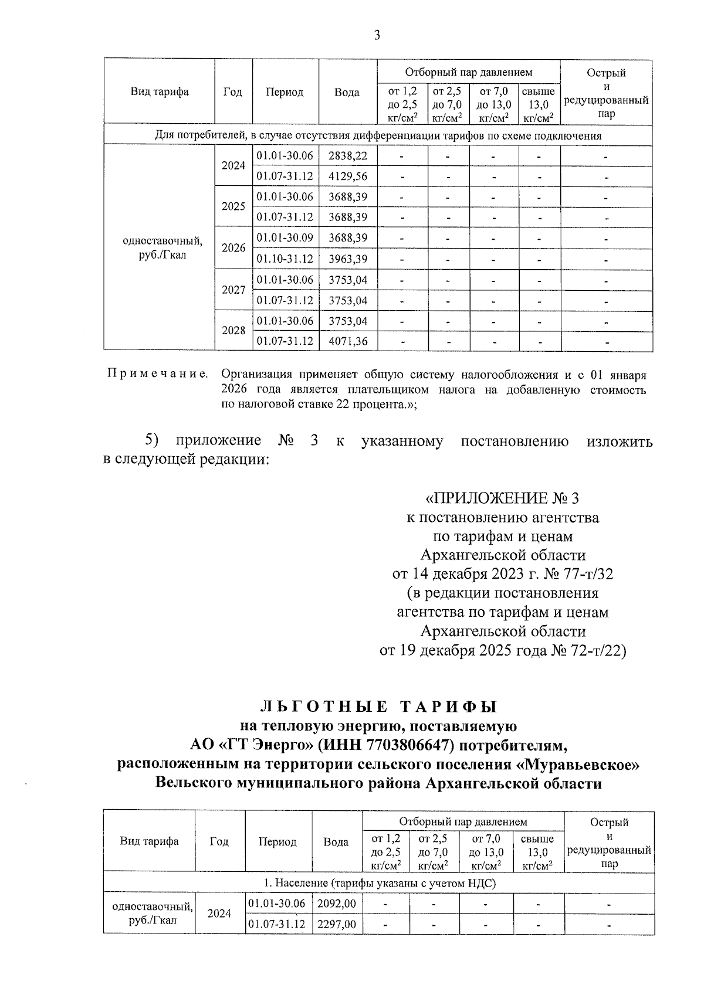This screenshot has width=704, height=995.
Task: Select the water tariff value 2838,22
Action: click(348, 156)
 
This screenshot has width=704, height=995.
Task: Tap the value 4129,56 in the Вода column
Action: click(348, 176)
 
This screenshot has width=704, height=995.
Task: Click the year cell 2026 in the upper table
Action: click(233, 248)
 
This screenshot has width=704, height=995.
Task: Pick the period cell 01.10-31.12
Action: click(285, 259)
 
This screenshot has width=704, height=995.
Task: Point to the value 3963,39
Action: click(348, 259)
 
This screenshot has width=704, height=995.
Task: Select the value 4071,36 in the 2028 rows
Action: click(348, 341)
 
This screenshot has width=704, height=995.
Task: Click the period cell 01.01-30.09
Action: click(285, 238)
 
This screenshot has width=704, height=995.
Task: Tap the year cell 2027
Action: click(233, 290)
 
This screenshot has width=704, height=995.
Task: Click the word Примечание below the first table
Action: click(157, 374)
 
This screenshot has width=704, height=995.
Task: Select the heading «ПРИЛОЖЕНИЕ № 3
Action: click(502, 499)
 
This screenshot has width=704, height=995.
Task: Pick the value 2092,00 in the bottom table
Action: click(336, 904)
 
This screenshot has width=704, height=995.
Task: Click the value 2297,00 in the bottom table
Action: click(336, 925)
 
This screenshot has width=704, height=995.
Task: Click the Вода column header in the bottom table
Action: click(336, 842)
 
